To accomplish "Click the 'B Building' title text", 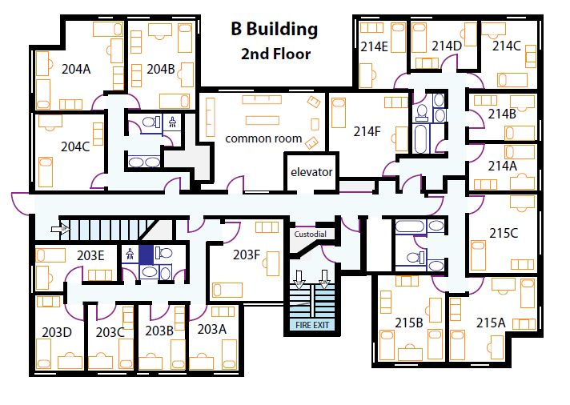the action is tap(275, 29).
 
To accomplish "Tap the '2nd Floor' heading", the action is tap(276, 54).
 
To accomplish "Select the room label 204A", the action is tap(76, 69).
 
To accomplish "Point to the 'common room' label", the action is tap(263, 138).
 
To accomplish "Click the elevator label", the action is tap(311, 172).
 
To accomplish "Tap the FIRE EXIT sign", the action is tap(312, 325).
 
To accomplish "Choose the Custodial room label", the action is tap(310, 235).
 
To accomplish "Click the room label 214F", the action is tap(367, 131).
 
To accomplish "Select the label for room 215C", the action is tap(504, 233).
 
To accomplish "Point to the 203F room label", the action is tap(247, 255).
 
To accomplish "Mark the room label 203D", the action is tap(57, 332).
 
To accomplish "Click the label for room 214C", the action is tap(507, 46).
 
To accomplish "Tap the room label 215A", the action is tap(491, 323).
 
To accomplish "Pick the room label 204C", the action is tap(75, 147).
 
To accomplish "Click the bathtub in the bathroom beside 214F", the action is tap(421, 139).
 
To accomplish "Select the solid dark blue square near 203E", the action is tap(146, 255).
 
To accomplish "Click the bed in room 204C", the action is tap(46, 172).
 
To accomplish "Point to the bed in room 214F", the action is tap(339, 113).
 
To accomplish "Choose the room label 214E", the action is tap(374, 46).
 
